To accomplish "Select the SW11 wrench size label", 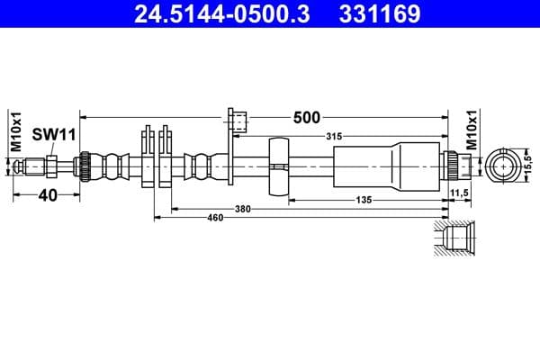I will [53, 134].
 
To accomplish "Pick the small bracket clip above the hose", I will [238, 121].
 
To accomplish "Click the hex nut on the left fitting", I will [52, 166].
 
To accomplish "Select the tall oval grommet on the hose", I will [279, 167].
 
